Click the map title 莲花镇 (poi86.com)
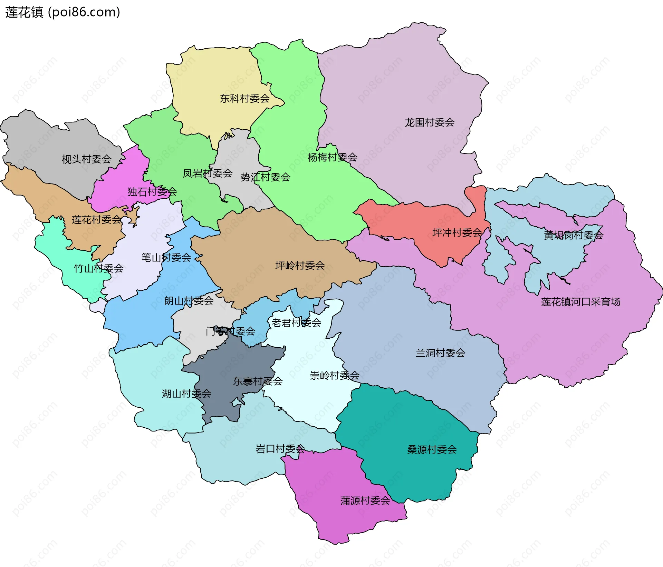63,12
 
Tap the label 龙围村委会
429,122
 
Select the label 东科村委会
244,99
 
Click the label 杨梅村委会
332,157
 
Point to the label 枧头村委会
86,159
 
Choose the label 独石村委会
152,192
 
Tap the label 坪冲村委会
457,233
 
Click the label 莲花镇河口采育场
580,302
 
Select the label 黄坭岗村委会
573,235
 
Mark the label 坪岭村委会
300,266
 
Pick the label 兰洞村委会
440,353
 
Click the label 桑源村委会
432,449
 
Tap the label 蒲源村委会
365,500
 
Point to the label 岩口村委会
280,449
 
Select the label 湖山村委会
186,394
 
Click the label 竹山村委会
98,268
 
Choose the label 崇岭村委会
334,375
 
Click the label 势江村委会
265,177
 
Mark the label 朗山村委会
189,301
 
